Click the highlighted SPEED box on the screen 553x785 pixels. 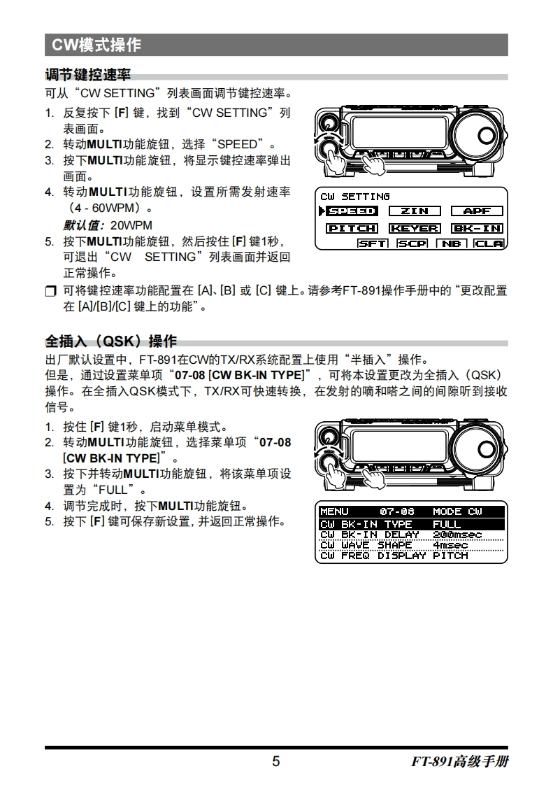click(x=352, y=211)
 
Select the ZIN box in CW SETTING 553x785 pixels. click(x=415, y=211)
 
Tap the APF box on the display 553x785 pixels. click(x=477, y=211)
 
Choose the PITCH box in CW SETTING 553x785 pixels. click(x=352, y=228)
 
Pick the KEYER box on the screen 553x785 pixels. click(x=415, y=228)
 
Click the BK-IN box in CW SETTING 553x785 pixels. click(x=477, y=228)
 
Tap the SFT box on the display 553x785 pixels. click(x=373, y=243)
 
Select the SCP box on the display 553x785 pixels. click(x=412, y=243)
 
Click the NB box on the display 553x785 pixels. click(x=452, y=243)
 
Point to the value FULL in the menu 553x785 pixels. click(x=447, y=524)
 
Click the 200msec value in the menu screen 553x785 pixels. click(x=457, y=535)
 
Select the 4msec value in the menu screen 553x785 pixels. click(x=450, y=545)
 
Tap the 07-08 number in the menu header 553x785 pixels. click(x=397, y=511)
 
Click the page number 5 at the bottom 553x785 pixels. click(x=275, y=761)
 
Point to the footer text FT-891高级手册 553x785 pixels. click(x=460, y=761)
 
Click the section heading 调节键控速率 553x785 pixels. click(x=87, y=75)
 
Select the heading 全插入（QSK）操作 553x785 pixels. click(x=110, y=341)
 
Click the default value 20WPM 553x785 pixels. click(x=131, y=225)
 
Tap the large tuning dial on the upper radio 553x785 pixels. click(x=478, y=135)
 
